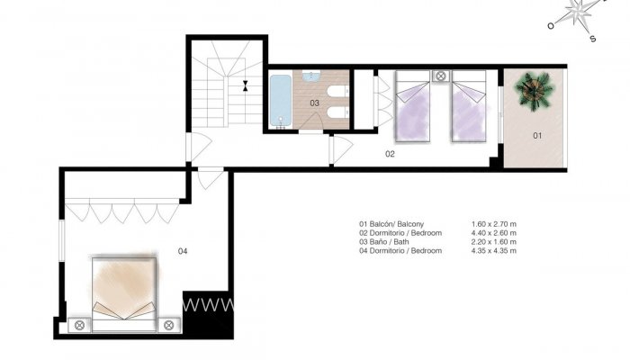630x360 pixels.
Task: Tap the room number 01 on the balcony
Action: pos(537,136)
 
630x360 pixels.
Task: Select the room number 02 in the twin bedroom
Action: pos(391,154)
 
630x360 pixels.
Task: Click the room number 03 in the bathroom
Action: pos(314,103)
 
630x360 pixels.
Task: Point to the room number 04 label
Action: pos(183,250)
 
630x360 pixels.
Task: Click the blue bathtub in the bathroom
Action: pos(280,100)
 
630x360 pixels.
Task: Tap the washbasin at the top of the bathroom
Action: pos(310,76)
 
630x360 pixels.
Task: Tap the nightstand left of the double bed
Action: pos(79,324)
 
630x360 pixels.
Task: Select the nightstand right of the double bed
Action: pos(168,324)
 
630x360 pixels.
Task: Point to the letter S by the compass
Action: pos(592,39)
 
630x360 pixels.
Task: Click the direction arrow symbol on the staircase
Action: pos(245,86)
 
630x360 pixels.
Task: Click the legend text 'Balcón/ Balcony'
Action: pos(397,223)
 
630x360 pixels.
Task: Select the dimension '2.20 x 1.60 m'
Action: pos(493,241)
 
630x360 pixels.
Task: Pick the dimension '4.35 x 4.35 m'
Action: pos(493,250)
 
